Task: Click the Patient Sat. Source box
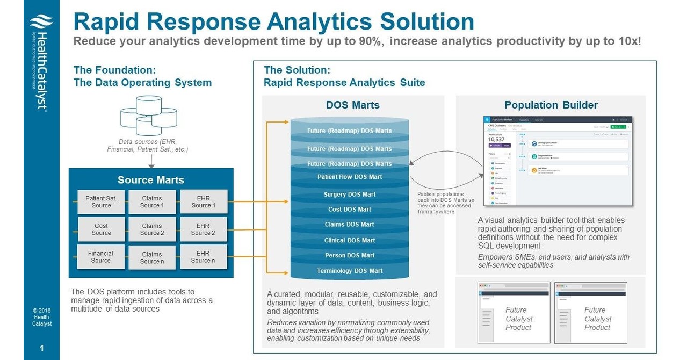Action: tap(101, 202)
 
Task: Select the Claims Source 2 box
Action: tap(152, 229)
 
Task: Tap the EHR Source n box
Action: tap(203, 257)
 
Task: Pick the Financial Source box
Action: tap(101, 257)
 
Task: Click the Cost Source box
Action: tap(101, 229)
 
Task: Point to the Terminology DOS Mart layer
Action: tap(350, 271)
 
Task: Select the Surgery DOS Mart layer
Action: tap(350, 195)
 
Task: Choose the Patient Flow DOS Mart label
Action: tap(350, 177)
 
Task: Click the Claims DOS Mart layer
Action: tap(350, 225)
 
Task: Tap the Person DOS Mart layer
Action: tap(350, 255)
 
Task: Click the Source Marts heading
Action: tap(151, 180)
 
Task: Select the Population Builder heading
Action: tap(551, 105)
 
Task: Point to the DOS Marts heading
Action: tap(352, 105)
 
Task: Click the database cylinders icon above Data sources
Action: tap(148, 116)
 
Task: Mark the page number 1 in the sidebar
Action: tap(41, 349)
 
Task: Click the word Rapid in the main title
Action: tap(111, 21)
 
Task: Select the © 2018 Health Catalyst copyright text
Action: tap(41, 317)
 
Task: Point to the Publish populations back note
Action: tap(446, 203)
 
